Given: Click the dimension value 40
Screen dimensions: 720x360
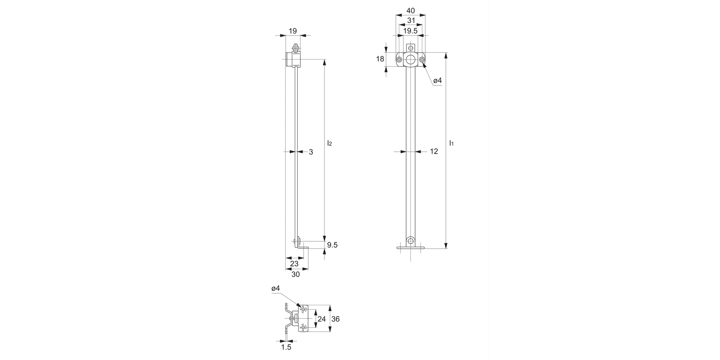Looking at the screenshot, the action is [410, 11].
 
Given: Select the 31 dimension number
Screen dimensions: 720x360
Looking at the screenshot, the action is [411, 21].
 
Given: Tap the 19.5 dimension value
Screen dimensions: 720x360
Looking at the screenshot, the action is [410, 31].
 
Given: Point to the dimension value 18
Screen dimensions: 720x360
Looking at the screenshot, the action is [380, 59].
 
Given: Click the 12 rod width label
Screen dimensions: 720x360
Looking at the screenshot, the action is [434, 151].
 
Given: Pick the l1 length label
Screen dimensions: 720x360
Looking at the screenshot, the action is [451, 144].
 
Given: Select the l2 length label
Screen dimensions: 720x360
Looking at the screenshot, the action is [329, 144].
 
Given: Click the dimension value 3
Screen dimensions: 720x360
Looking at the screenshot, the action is [311, 152].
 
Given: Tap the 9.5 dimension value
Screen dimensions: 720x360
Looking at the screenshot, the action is [332, 245].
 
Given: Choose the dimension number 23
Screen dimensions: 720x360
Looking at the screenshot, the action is [294, 264].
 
